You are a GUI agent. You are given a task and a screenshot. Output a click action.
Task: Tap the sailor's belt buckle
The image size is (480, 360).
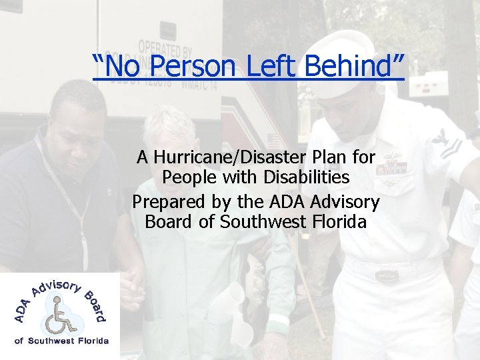(x=386, y=275)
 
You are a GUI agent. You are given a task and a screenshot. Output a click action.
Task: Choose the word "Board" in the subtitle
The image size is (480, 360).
(x=169, y=221)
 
